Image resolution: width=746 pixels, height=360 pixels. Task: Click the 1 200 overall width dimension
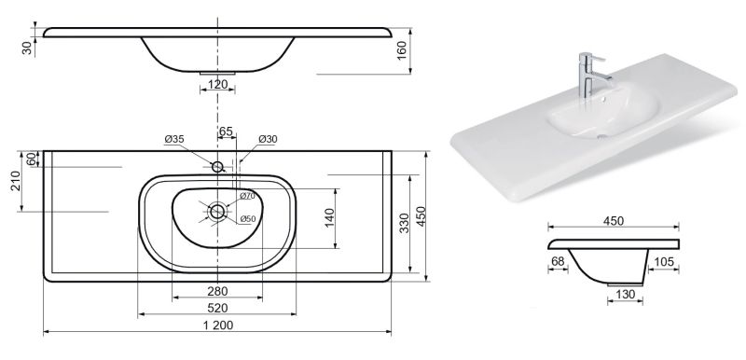217,325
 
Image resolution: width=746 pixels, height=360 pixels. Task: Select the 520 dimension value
217,308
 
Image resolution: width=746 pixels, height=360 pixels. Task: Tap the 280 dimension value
217,291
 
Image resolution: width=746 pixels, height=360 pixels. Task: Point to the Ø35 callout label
174,139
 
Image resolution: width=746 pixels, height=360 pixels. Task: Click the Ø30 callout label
268,139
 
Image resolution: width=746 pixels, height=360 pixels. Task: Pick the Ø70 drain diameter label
247,196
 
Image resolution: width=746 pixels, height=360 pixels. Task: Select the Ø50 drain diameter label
248,219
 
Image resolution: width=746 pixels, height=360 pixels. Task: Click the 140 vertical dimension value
330,218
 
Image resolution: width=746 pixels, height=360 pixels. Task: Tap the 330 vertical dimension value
404,223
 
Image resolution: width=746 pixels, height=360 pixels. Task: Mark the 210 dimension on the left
15,181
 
